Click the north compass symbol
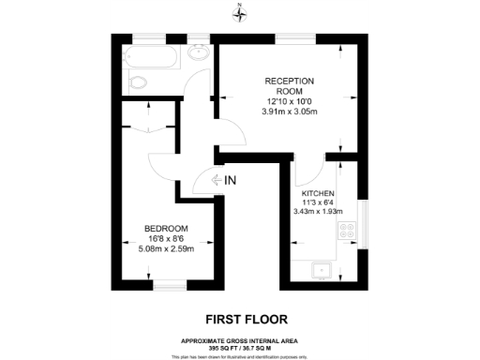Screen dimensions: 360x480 [x=240, y=12]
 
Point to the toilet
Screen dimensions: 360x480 [x=138, y=83]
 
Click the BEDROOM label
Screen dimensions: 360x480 [x=167, y=229]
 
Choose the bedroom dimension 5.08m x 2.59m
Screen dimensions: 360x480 [x=167, y=248]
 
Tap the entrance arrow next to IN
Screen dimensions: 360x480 [x=215, y=181]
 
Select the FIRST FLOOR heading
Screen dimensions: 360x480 [x=239, y=318]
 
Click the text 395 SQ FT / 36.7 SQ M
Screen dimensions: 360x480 [x=239, y=346]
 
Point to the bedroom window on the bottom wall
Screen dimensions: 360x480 [x=167, y=284]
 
